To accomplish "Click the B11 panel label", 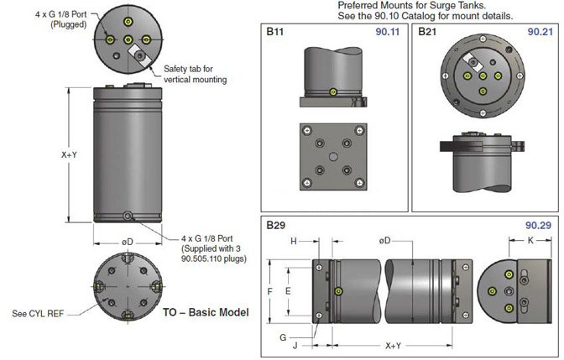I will coord(274,31).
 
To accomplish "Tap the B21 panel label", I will coord(426,31).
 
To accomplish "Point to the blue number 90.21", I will coord(540,31).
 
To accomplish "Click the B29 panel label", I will coord(274,226).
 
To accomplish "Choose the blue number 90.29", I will coord(540,226).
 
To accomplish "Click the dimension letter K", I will coord(531,241).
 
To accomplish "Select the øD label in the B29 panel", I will coord(387,241).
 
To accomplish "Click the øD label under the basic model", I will coord(128,242).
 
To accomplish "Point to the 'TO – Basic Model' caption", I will coord(206,312).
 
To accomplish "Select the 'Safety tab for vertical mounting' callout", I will coord(195,74).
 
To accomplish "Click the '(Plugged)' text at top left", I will coord(39,24).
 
